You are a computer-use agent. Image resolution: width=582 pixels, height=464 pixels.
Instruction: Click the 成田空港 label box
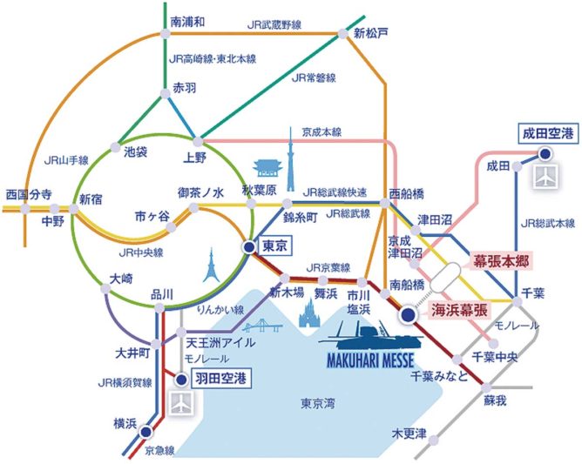(x=548, y=133)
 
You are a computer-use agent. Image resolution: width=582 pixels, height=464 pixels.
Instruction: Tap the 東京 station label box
(x=274, y=245)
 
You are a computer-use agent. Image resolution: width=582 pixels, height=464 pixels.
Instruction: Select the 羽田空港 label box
(x=220, y=379)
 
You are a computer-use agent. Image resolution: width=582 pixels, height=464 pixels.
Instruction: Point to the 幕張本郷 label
(x=501, y=261)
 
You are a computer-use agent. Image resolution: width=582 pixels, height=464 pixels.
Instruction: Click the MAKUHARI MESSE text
(x=370, y=360)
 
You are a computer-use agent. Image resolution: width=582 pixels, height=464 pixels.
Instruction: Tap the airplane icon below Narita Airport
(x=545, y=177)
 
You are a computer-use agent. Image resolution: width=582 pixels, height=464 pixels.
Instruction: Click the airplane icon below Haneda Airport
(x=181, y=402)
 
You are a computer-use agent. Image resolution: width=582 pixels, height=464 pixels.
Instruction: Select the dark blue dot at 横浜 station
(x=145, y=432)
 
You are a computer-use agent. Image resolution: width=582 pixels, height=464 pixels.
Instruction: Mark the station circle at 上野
(x=198, y=142)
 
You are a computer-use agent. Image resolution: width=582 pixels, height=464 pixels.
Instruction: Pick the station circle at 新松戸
(x=342, y=35)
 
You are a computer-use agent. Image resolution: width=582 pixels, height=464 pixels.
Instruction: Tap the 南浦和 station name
(x=187, y=22)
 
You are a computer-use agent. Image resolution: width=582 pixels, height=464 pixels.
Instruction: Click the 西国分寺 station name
(x=30, y=195)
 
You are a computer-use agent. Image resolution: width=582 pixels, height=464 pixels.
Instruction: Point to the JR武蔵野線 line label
(x=274, y=25)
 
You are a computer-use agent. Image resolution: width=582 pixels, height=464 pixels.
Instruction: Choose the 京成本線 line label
(x=321, y=132)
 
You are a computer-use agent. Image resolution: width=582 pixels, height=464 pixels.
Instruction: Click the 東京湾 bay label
(x=318, y=403)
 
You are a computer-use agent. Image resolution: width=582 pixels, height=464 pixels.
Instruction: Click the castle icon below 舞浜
(x=308, y=313)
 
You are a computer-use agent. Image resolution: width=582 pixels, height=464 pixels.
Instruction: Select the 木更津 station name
(x=409, y=434)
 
